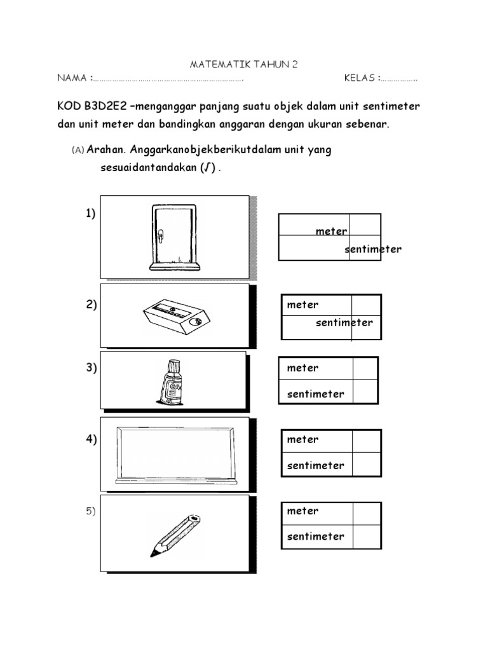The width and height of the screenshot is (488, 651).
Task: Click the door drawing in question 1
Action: (173, 236)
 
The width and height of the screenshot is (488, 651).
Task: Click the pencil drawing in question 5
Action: (175, 534)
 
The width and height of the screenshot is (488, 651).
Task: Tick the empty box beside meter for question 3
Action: (365, 369)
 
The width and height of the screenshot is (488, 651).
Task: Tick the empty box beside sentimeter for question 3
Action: (365, 392)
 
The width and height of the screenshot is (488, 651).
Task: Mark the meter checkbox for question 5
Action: (367, 512)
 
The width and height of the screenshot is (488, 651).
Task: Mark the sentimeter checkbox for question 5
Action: (367, 536)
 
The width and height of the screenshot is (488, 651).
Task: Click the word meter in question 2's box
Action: (303, 305)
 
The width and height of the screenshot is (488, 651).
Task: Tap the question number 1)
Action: (91, 214)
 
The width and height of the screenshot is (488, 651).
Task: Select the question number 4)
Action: (91, 440)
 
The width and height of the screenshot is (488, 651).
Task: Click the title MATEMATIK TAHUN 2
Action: (244, 65)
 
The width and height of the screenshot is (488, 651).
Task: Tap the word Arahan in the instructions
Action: (107, 150)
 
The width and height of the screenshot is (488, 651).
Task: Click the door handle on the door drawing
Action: (161, 237)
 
